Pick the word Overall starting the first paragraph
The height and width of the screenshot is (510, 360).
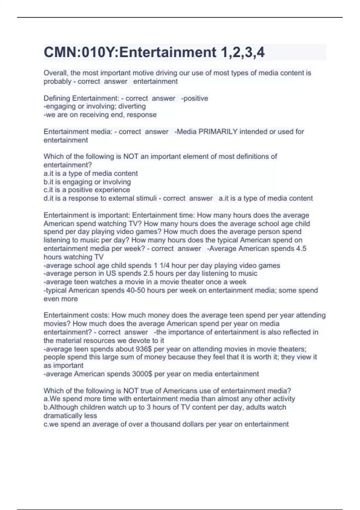tap(55, 73)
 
